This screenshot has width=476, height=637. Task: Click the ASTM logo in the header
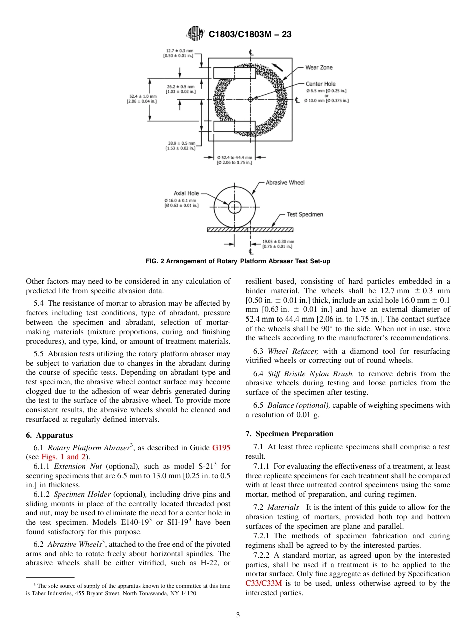195,34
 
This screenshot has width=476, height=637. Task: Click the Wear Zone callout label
319,67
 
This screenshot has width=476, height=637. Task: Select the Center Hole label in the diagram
321,84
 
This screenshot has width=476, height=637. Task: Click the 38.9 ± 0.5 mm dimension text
180,145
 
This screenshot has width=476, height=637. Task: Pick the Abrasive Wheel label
285,183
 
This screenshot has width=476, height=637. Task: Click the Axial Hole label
186,193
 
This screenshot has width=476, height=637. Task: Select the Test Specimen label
305,214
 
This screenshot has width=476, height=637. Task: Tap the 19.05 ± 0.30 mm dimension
278,244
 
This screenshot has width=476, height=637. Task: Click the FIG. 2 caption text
238,261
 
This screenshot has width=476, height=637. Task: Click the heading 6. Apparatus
49,435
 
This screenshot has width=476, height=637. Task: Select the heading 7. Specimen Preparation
289,434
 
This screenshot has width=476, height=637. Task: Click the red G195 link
221,447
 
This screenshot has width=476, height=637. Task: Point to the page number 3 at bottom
238,615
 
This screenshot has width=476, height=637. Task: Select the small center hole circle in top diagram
250,99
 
